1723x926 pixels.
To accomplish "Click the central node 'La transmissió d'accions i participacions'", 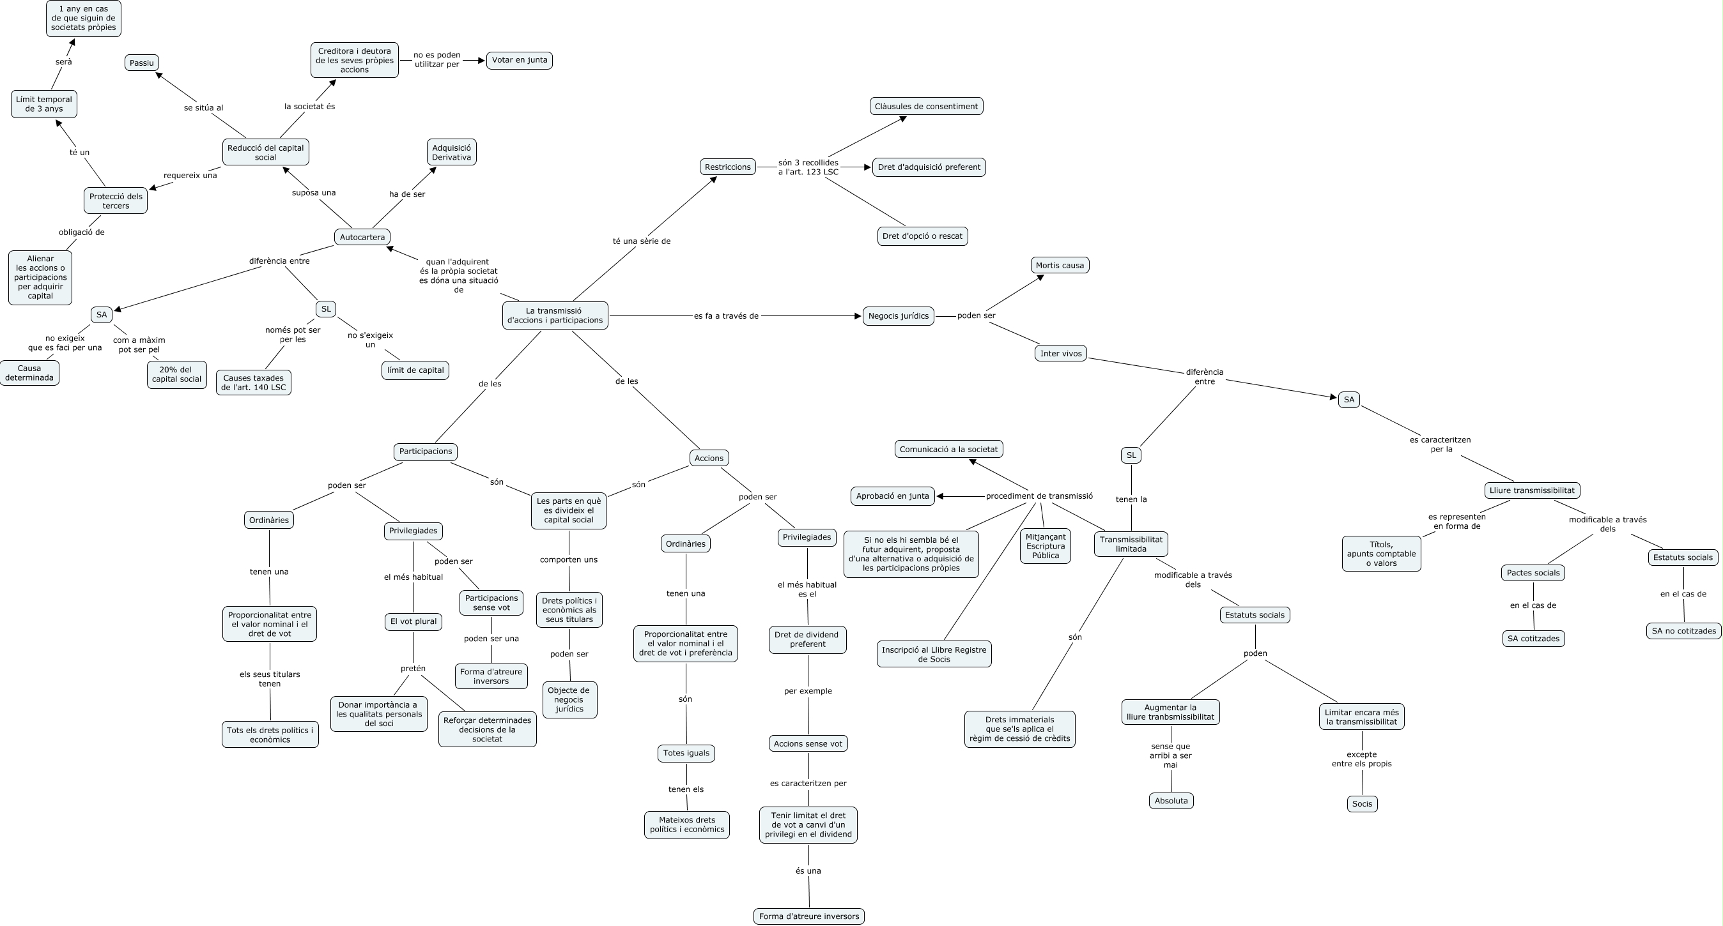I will pyautogui.click(x=555, y=315).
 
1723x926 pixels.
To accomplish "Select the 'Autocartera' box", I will pyautogui.click(x=362, y=238).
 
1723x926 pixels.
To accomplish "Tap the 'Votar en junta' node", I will pyautogui.click(x=519, y=60).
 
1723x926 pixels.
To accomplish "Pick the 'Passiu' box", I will pyautogui.click(x=142, y=63).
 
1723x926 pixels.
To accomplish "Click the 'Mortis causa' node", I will pyautogui.click(x=1060, y=266).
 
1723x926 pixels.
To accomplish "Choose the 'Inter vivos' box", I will pyautogui.click(x=1061, y=353).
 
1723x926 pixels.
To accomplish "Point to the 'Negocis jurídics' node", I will pyautogui.click(x=899, y=316).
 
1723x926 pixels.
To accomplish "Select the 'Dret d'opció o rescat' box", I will pyautogui.click(x=922, y=236).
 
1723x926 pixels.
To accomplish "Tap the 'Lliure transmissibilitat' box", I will pyautogui.click(x=1532, y=490).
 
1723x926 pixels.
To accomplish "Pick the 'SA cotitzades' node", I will pyautogui.click(x=1533, y=639).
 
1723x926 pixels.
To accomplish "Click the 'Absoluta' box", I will pyautogui.click(x=1171, y=800).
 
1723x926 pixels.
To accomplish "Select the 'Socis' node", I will pyautogui.click(x=1362, y=803).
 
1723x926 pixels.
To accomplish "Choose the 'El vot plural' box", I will pyautogui.click(x=413, y=621).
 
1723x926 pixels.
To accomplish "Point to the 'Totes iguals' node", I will pyautogui.click(x=686, y=753).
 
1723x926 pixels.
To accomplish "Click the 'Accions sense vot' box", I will pyautogui.click(x=808, y=743).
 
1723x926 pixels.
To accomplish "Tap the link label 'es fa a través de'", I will pyautogui.click(x=726, y=316).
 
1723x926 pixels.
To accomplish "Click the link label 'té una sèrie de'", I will pyautogui.click(x=642, y=241).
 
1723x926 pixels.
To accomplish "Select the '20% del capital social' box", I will pyautogui.click(x=176, y=374).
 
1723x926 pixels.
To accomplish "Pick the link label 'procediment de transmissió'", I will pyautogui.click(x=1039, y=496).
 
